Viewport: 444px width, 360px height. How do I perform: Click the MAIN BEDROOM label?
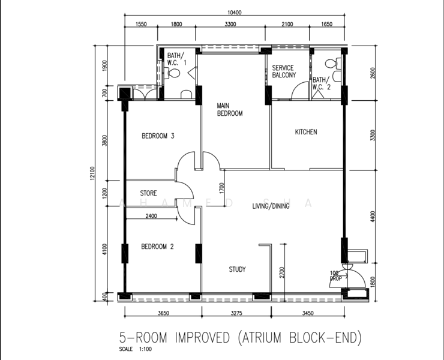pyautogui.click(x=230, y=110)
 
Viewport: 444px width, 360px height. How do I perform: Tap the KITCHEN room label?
pyautogui.click(x=306, y=132)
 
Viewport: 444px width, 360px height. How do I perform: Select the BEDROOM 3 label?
pyautogui.click(x=158, y=136)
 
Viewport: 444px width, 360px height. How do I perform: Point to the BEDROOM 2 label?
pyautogui.click(x=157, y=247)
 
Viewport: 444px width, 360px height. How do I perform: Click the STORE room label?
pyautogui.click(x=148, y=193)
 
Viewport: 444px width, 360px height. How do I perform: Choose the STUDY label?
pyautogui.click(x=237, y=269)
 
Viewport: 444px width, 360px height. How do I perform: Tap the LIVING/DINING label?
pyautogui.click(x=271, y=206)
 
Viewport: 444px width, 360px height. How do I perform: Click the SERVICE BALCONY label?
pyautogui.click(x=284, y=71)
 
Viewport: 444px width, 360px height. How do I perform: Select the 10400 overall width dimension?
pyautogui.click(x=235, y=13)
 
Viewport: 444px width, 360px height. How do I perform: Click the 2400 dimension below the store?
pyautogui.click(x=151, y=216)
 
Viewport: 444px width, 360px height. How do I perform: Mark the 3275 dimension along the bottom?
pyautogui.click(x=236, y=313)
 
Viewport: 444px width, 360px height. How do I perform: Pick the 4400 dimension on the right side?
pyautogui.click(x=373, y=217)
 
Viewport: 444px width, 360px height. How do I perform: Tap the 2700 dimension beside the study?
pyautogui.click(x=282, y=272)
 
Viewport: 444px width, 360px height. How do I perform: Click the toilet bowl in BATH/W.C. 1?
pyautogui.click(x=173, y=74)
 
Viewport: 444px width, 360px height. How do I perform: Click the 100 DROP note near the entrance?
pyautogui.click(x=335, y=276)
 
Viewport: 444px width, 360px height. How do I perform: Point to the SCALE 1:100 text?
pyautogui.click(x=136, y=349)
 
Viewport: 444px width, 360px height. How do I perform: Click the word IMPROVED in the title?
pyautogui.click(x=202, y=338)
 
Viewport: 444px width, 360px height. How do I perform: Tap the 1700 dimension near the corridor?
pyautogui.click(x=221, y=188)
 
